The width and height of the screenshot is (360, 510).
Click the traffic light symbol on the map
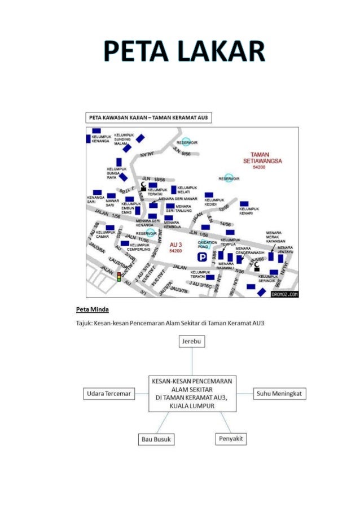coord(119,277)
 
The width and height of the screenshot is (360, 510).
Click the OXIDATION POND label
coord(207,244)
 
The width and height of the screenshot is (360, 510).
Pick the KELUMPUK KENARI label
coord(245,211)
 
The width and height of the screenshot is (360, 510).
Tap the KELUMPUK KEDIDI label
coord(214,202)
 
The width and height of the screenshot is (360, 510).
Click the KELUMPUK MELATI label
coord(187,189)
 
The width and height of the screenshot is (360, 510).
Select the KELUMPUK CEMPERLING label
coord(139,247)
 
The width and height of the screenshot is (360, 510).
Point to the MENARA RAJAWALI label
coord(226,265)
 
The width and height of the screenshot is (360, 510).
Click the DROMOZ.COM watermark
coord(285,294)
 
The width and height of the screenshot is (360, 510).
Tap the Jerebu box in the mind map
coord(192,342)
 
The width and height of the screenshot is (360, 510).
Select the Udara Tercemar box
coord(109,393)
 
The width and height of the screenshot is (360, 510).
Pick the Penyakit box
coord(231,439)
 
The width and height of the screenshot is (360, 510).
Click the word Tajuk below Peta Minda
coord(85,324)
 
